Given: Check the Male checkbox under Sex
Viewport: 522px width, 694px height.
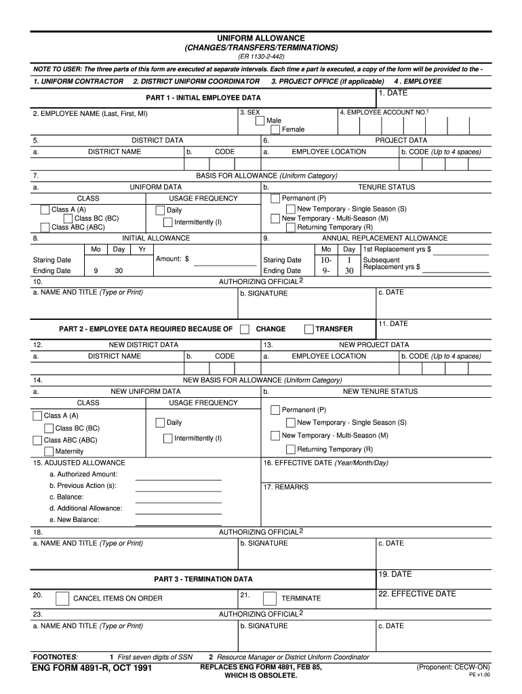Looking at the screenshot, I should click(260, 121).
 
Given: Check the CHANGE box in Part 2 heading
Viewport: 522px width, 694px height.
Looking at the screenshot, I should click(245, 329).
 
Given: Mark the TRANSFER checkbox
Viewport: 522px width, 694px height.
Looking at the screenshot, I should click(309, 329).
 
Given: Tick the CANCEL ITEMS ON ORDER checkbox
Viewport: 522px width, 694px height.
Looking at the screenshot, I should click(62, 598).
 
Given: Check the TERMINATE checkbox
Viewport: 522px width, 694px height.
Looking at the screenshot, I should click(269, 598).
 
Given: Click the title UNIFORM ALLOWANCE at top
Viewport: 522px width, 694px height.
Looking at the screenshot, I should click(261, 39).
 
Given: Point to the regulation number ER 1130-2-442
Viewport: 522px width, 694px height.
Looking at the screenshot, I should click(261, 58).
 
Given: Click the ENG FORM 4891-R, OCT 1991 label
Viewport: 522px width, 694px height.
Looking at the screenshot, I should click(92, 669).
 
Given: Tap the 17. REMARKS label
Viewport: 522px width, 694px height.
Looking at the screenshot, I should click(285, 487).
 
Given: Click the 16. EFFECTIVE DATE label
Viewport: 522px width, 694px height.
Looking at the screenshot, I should click(325, 463).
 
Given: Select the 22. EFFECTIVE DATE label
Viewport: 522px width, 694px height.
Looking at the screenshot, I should click(417, 594).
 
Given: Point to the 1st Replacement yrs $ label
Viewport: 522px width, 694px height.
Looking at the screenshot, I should click(397, 249).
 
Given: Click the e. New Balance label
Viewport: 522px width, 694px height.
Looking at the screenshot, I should click(75, 520).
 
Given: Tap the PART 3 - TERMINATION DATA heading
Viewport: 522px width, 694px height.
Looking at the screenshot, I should click(203, 579).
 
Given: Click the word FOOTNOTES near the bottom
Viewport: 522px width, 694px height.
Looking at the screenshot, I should click(56, 657).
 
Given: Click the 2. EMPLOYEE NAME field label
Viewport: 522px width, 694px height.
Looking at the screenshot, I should click(90, 114).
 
